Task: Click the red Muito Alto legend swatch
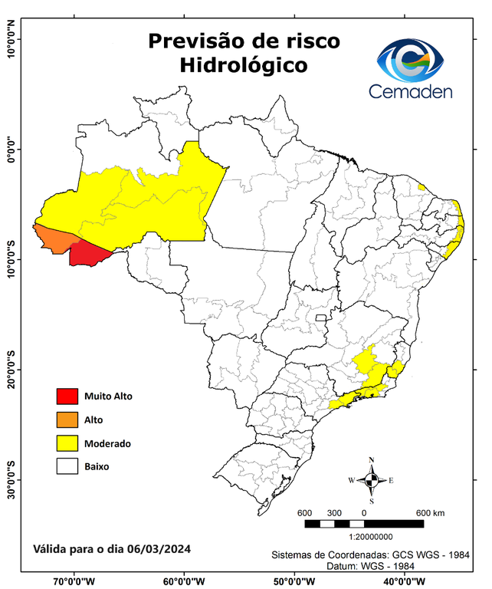(67, 397)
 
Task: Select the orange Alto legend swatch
(67, 420)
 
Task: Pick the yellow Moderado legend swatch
(67, 443)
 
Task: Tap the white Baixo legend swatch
(67, 466)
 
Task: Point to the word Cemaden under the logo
(410, 91)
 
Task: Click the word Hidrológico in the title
(244, 65)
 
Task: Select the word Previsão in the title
(198, 41)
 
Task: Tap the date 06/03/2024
(159, 550)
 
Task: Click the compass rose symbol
(372, 481)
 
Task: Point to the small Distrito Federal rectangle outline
(321, 318)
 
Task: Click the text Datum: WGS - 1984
(370, 565)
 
